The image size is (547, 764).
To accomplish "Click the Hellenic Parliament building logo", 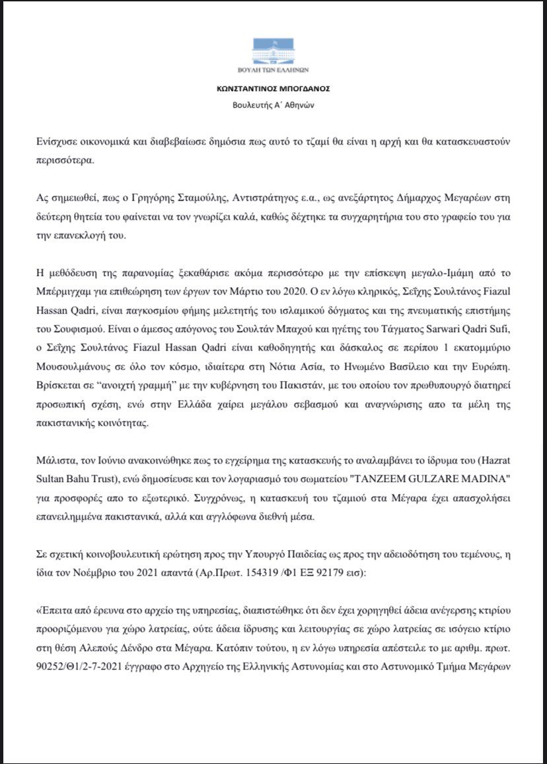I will coord(273,52).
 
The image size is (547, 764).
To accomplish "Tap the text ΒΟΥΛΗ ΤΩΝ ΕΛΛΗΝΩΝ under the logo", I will coord(273,71).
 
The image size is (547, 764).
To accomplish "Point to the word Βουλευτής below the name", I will coord(251,105).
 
